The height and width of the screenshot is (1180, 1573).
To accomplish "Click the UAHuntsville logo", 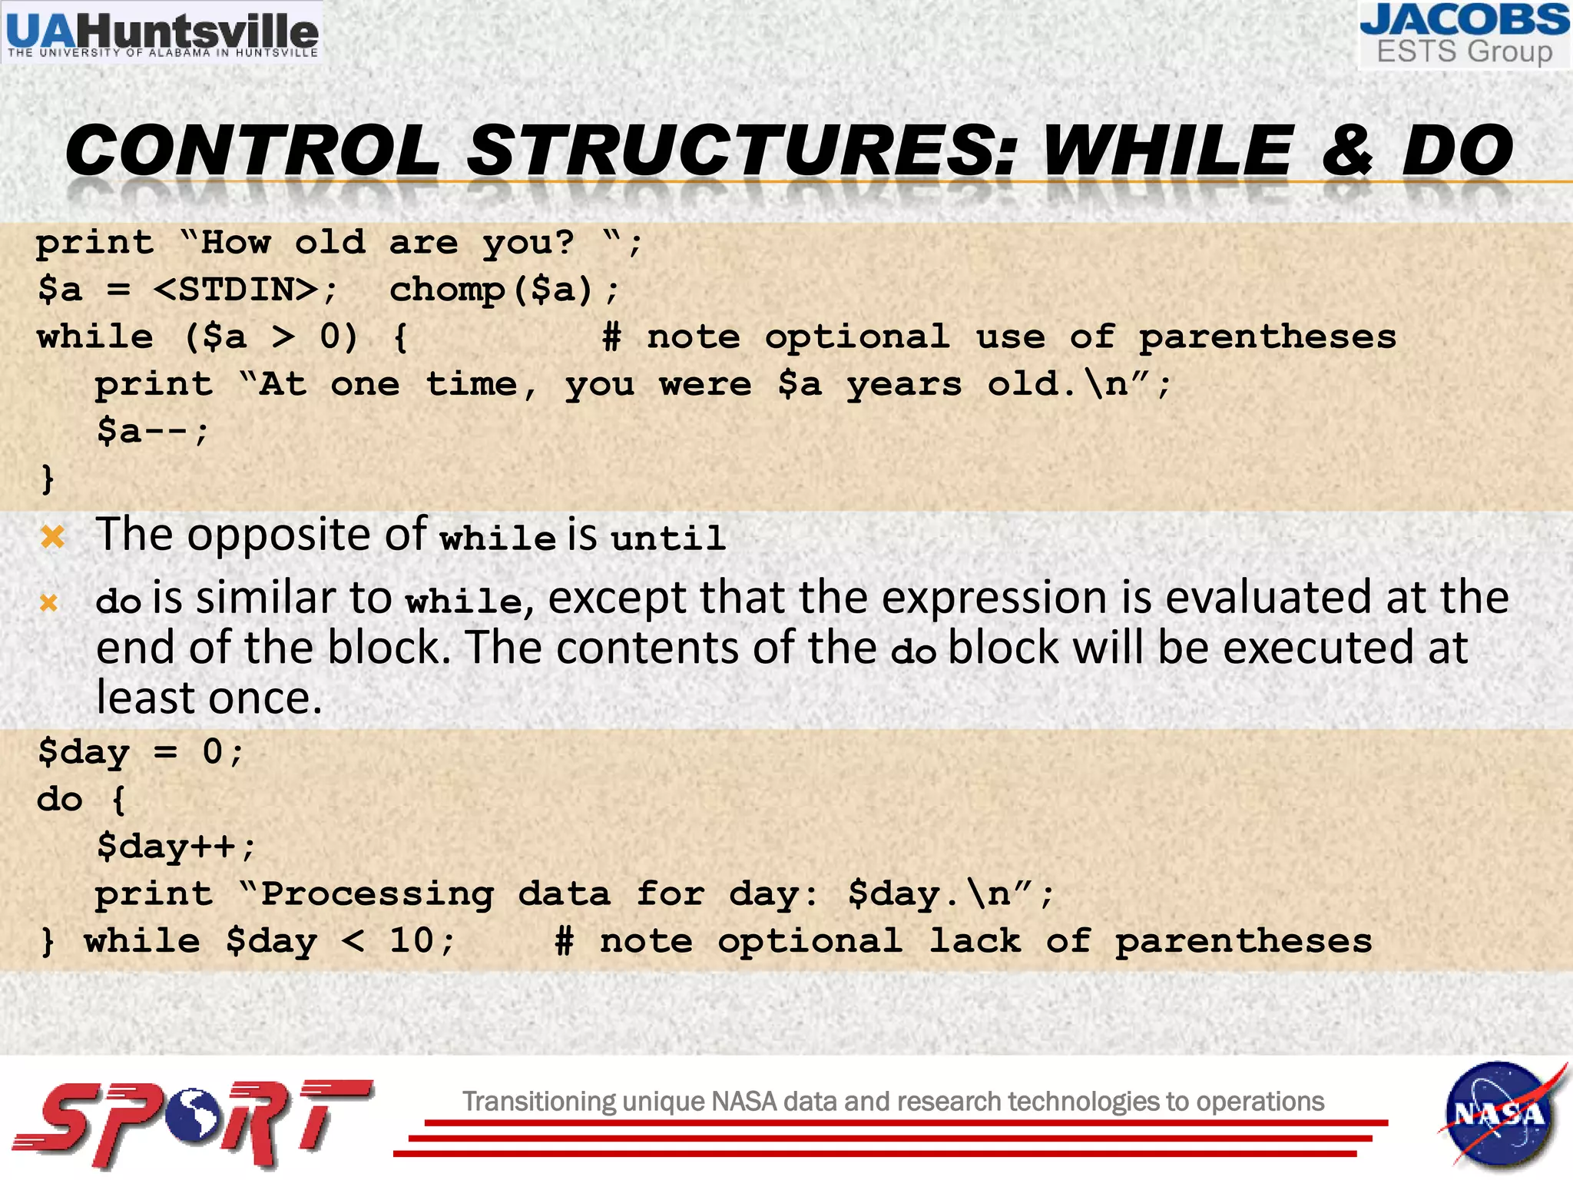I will tap(161, 32).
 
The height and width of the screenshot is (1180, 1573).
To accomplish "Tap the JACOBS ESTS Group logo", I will tap(1464, 35).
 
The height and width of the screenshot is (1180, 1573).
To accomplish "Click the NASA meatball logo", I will tap(1498, 1114).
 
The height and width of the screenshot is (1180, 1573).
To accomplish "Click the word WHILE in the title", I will tap(1167, 151).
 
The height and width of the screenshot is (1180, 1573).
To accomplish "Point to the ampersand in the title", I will tap(1348, 151).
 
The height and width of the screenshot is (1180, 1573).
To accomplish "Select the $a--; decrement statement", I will tap(152, 431).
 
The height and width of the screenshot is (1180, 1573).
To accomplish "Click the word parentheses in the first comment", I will tap(1267, 338).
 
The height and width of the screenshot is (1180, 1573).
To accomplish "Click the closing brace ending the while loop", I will tap(48, 478).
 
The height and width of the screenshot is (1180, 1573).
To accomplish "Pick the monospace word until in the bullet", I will tap(668, 538).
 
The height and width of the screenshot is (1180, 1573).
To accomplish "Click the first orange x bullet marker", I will tap(52, 535).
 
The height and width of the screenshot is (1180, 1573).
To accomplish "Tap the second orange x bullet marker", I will tap(48, 602).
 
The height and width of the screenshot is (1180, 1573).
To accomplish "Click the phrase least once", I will tap(209, 699).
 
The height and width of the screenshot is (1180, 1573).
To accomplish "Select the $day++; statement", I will tap(175, 847).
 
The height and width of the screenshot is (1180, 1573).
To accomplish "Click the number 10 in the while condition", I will tap(412, 941).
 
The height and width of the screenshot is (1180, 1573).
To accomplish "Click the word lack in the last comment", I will tap(975, 941).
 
